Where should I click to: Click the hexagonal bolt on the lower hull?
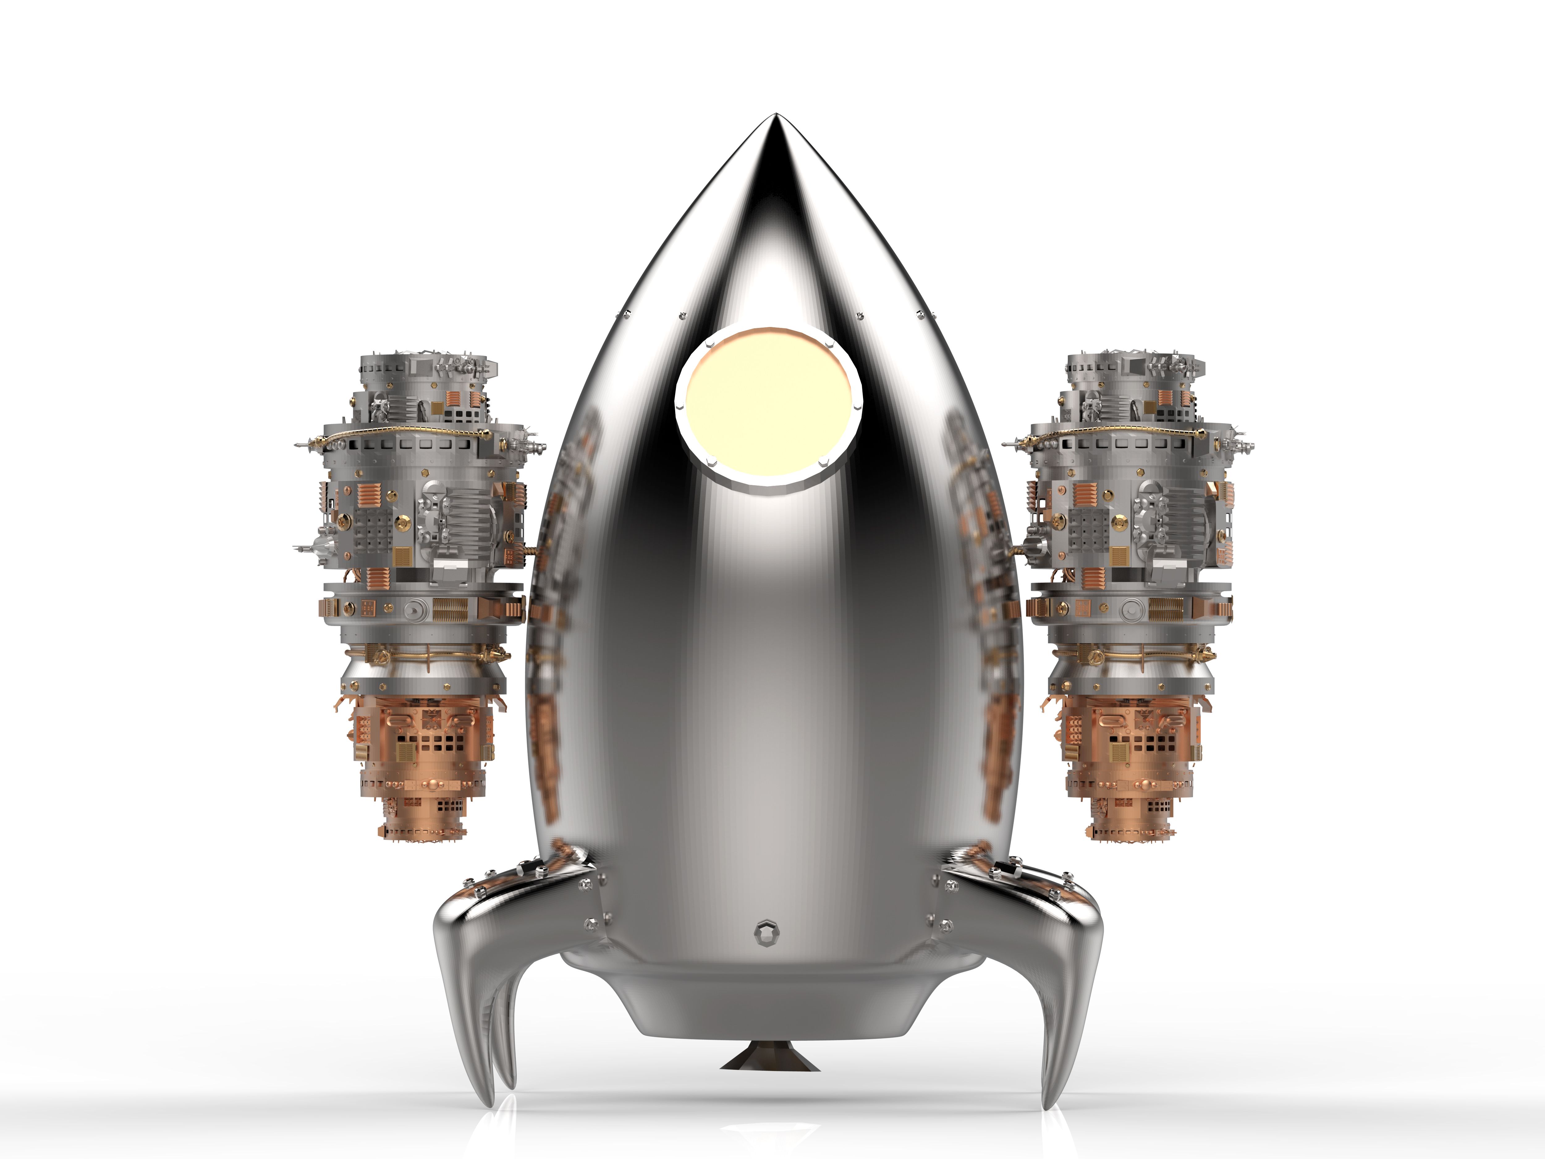765,932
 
